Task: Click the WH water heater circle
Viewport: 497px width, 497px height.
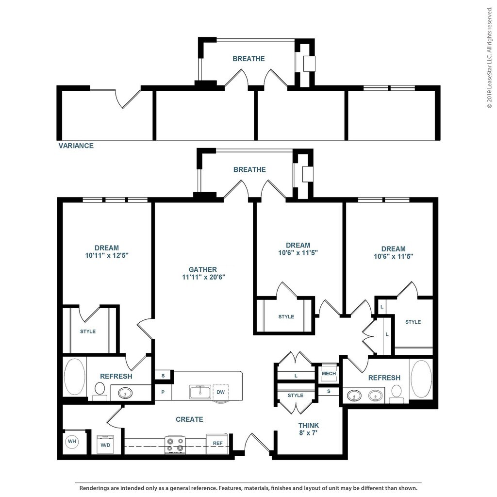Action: click(72, 441)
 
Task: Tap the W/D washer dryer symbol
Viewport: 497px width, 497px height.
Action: click(105, 444)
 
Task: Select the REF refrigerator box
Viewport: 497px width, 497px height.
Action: click(217, 444)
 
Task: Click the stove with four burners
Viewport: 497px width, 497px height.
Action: click(175, 445)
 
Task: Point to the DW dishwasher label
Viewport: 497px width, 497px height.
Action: click(221, 392)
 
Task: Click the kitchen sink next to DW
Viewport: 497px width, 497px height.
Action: click(200, 392)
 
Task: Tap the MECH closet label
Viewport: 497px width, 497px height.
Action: click(329, 374)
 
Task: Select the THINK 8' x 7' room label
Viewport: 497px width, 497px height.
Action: click(308, 429)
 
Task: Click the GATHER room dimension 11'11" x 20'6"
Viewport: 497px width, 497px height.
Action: click(203, 277)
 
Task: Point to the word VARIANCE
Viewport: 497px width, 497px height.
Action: click(76, 146)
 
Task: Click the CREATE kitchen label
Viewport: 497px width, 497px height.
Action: click(189, 419)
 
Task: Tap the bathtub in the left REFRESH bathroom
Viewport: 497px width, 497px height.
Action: click(75, 377)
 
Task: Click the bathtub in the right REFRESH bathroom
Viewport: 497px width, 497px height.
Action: click(421, 378)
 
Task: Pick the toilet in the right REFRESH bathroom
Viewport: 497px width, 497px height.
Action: click(396, 393)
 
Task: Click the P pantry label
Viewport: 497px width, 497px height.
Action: click(163, 392)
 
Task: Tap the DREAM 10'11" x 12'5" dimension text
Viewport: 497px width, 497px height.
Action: click(107, 255)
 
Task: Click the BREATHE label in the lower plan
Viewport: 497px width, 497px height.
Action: click(249, 169)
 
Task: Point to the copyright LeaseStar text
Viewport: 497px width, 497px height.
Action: click(490, 57)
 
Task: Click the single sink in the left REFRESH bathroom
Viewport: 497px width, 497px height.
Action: click(126, 393)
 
